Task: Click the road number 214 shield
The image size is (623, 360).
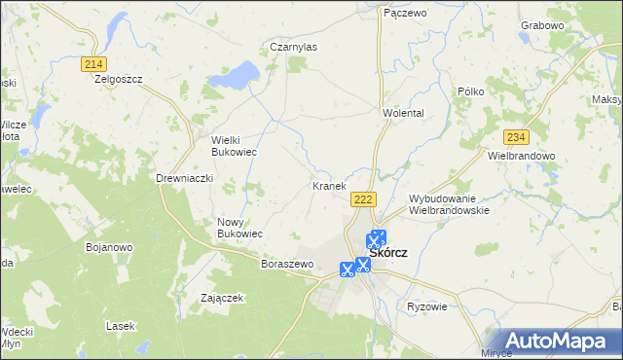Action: click(93, 63)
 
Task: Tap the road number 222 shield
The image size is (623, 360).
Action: click(363, 198)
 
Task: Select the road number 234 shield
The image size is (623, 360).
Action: click(516, 137)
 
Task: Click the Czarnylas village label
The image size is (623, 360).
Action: click(293, 46)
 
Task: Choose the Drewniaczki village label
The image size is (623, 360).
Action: click(184, 178)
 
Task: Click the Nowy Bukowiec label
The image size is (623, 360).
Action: click(239, 228)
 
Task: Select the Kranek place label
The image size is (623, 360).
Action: click(328, 185)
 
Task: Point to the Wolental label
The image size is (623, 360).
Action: click(403, 113)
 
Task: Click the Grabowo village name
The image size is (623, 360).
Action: click(569, 24)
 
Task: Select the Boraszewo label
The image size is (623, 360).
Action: click(285, 264)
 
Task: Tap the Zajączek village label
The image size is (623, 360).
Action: click(221, 298)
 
